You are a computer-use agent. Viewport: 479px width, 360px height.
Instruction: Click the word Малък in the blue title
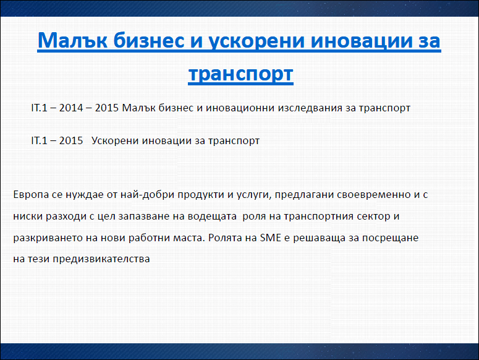[72, 40]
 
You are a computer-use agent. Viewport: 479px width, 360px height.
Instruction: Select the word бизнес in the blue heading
[149, 40]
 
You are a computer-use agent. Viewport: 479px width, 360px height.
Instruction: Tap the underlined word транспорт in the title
[240, 74]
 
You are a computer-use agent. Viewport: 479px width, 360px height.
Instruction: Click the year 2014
[71, 108]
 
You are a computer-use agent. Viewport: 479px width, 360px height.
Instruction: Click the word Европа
[31, 195]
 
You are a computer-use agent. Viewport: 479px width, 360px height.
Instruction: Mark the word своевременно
[373, 194]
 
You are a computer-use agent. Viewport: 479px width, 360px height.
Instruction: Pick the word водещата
[212, 216]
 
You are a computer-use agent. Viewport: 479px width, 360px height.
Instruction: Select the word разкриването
[48, 238]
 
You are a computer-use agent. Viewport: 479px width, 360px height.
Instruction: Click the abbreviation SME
[270, 238]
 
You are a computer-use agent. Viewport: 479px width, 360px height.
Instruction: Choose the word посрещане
[390, 238]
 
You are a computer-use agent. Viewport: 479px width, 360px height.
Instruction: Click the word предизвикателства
[101, 259]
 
